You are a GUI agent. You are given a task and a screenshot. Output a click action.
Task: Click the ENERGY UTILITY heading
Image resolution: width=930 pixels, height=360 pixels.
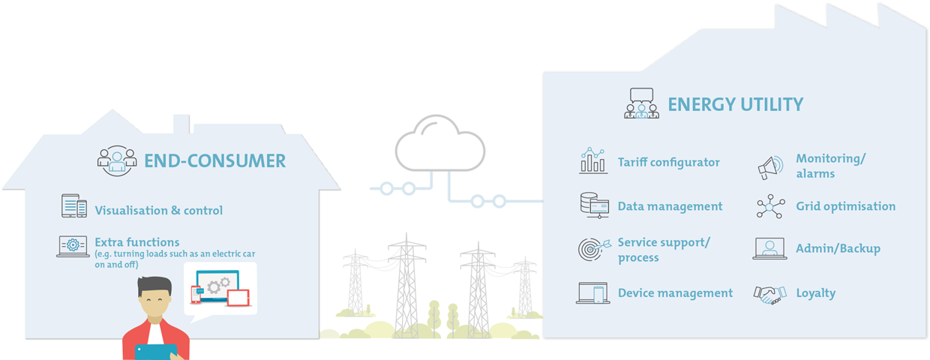(735, 104)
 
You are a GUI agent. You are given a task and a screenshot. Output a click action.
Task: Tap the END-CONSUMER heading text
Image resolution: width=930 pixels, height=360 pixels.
(215, 161)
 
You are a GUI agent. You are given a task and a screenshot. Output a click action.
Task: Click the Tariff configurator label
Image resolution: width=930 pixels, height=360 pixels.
(668, 162)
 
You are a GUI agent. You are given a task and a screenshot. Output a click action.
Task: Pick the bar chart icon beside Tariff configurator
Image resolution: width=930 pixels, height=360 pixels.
(593, 160)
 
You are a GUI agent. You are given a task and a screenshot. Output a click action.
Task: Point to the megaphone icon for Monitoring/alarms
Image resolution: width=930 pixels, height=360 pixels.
(770, 168)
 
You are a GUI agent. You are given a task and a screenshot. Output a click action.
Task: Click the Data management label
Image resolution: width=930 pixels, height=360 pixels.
(670, 206)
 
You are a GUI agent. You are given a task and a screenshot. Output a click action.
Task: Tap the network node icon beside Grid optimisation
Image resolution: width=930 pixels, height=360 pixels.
(770, 206)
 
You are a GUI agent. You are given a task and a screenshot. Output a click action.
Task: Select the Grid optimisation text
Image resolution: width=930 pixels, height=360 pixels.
(846, 206)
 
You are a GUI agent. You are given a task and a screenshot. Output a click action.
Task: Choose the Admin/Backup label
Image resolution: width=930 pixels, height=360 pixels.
(838, 248)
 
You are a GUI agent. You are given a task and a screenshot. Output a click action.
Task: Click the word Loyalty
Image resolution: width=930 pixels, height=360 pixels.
(816, 293)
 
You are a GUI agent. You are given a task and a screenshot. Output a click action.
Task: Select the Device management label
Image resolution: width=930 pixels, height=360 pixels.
(675, 293)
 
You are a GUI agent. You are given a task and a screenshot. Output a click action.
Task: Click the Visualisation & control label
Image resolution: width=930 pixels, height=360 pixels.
(158, 211)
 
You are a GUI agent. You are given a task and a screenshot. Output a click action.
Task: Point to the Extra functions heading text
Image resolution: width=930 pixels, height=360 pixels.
(137, 242)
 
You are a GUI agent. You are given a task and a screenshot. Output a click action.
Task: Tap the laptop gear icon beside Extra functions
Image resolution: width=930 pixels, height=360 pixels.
(73, 246)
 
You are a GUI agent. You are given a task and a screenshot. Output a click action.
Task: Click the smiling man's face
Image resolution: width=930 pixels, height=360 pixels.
(154, 301)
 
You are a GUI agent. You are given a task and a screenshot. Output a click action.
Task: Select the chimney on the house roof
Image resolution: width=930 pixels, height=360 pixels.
(181, 124)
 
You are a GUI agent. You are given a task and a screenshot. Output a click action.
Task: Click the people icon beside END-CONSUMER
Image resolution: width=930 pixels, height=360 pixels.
(117, 160)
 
